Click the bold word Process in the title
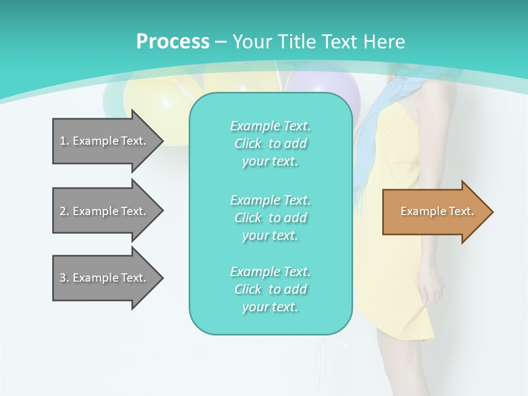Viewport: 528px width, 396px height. (x=173, y=41)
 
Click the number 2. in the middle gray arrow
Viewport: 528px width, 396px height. (x=64, y=211)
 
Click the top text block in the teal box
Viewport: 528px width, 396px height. (x=270, y=144)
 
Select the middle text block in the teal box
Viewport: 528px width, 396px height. (x=270, y=218)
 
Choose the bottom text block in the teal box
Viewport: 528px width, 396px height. (x=270, y=289)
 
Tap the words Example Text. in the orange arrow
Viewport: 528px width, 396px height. (x=437, y=212)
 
